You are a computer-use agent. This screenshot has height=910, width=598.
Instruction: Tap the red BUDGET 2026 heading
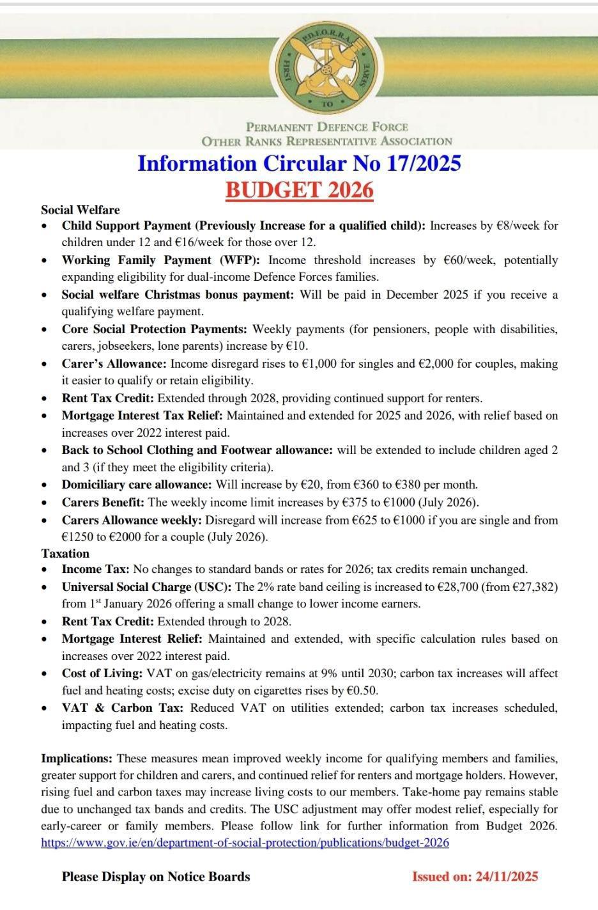(x=299, y=190)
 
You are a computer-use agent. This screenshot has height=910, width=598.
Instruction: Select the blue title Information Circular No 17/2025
(x=299, y=163)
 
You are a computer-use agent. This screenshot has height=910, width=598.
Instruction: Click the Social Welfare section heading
(x=80, y=210)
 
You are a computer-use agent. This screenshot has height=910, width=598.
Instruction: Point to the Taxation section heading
(x=65, y=553)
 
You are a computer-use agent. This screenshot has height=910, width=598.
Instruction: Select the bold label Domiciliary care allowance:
(x=136, y=484)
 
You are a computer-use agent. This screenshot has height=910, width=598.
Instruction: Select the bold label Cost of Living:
(x=102, y=673)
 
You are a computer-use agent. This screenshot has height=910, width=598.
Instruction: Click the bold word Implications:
(x=77, y=758)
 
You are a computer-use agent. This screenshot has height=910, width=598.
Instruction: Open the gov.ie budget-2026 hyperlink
(x=245, y=842)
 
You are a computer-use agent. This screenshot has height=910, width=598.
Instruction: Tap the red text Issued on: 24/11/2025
(x=475, y=876)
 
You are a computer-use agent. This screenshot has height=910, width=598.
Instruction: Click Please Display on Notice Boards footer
(x=156, y=876)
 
